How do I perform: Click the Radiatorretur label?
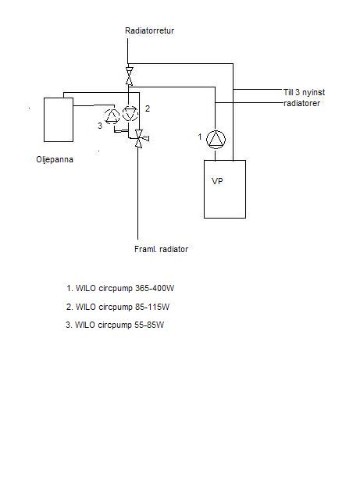click(x=149, y=30)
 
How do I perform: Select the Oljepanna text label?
click(x=55, y=159)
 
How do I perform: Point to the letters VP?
click(x=217, y=181)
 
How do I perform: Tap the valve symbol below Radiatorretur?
click(x=130, y=76)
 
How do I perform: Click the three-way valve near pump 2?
click(x=140, y=139)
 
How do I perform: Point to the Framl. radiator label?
click(x=161, y=249)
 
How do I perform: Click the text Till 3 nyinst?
click(x=304, y=92)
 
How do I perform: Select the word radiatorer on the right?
click(x=301, y=104)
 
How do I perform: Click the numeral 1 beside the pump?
click(x=200, y=137)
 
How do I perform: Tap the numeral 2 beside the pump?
click(x=148, y=108)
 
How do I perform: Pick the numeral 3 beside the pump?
click(x=100, y=126)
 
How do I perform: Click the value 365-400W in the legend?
click(x=155, y=288)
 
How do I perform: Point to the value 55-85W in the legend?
click(x=149, y=325)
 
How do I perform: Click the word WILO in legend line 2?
click(x=86, y=307)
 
